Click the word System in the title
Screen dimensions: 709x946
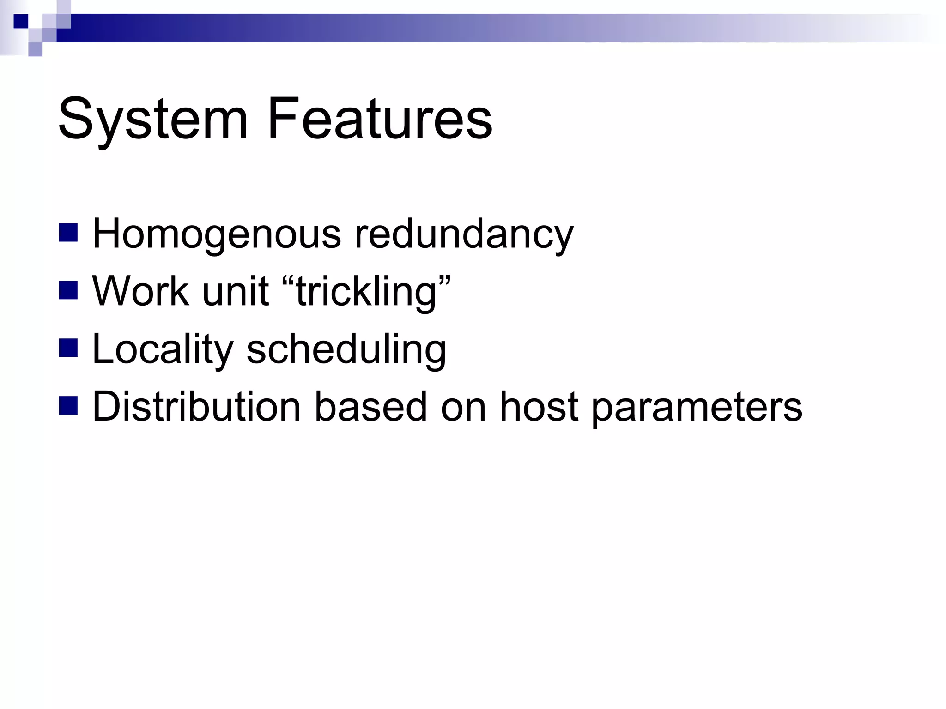click(x=152, y=119)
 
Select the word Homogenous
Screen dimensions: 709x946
click(x=217, y=234)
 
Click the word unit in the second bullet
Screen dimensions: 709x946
click(x=236, y=292)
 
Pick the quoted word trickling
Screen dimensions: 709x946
click(x=366, y=292)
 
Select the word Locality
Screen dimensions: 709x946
click(x=163, y=349)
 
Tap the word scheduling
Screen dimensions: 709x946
click(x=346, y=349)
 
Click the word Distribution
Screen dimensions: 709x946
click(x=196, y=407)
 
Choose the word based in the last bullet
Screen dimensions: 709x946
click(x=370, y=407)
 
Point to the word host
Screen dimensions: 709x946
click(x=539, y=407)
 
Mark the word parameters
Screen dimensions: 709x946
click(x=697, y=407)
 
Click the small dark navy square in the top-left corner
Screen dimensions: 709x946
click(x=21, y=21)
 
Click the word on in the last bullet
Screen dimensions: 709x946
click(x=463, y=407)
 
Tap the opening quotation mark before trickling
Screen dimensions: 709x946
click(x=288, y=281)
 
